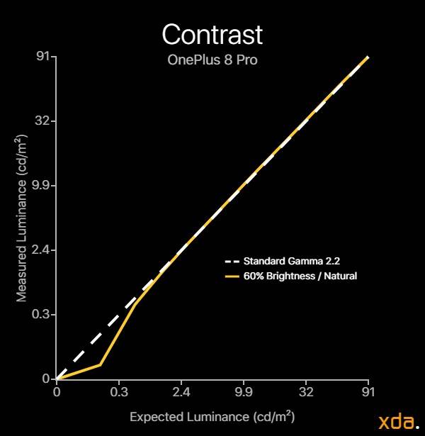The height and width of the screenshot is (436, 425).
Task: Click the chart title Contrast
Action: (x=212, y=34)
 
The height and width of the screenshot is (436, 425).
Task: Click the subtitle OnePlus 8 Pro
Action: (x=212, y=60)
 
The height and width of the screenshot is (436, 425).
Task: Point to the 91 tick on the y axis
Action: (x=42, y=57)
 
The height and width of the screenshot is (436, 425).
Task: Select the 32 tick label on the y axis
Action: (x=42, y=121)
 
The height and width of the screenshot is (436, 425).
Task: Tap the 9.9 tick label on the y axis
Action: (x=40, y=186)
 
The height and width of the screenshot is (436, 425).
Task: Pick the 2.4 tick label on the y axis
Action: (x=40, y=250)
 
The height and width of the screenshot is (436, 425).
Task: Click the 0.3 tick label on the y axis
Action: (x=40, y=315)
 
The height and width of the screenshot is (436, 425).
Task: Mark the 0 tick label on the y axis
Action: (x=46, y=379)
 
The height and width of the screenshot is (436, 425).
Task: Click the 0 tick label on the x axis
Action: (x=57, y=392)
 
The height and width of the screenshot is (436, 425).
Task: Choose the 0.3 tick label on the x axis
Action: (x=119, y=392)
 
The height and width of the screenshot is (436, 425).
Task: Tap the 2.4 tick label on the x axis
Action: (x=181, y=392)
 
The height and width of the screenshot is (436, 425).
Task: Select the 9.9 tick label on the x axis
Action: (x=244, y=392)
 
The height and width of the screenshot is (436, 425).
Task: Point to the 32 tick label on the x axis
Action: (x=306, y=392)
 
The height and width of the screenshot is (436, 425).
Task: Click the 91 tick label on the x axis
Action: (x=368, y=392)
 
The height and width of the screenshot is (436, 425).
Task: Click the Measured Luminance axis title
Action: (x=22, y=218)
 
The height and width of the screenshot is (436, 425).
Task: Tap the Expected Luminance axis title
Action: (x=212, y=417)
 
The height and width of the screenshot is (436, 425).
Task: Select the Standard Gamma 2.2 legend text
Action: (x=292, y=261)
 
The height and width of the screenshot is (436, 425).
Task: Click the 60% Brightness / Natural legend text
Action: (x=300, y=276)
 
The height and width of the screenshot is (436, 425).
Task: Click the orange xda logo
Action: (x=399, y=422)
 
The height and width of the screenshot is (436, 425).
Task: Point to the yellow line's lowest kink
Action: (x=101, y=364)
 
